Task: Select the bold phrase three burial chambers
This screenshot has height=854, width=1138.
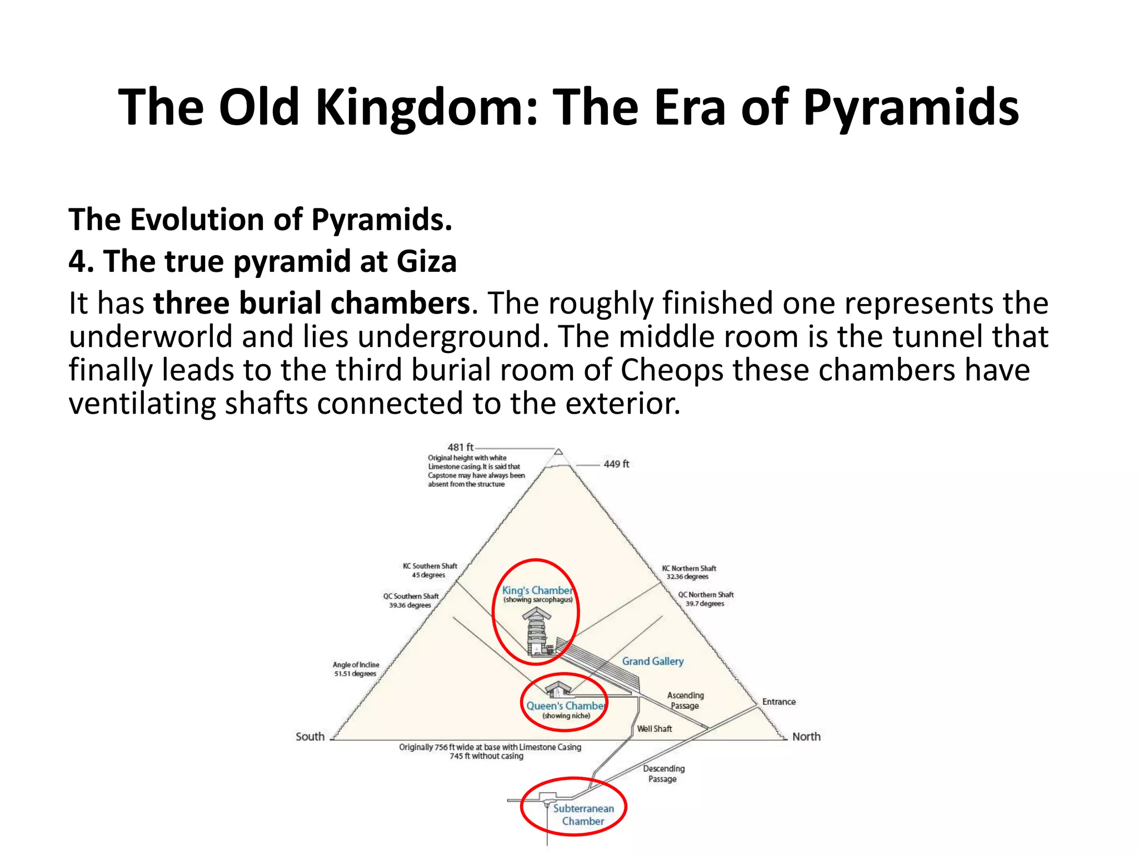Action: tap(312, 304)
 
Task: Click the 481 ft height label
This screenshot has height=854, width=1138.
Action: tap(460, 447)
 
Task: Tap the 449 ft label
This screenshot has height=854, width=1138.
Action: tap(616, 464)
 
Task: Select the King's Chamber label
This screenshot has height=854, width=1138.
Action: tap(537, 590)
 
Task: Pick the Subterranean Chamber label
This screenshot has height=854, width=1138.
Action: tap(583, 815)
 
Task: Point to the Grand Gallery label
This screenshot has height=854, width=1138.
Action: tap(652, 661)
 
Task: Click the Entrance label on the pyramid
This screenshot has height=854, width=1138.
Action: tap(778, 702)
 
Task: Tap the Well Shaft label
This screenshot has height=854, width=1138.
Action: tap(654, 728)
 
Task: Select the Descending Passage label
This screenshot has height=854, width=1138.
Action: tap(663, 773)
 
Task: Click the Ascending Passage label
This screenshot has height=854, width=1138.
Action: tap(685, 700)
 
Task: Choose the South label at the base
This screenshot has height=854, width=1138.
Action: tap(310, 737)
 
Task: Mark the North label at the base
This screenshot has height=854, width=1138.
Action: tap(806, 737)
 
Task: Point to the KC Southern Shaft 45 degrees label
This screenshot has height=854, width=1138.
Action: tap(430, 570)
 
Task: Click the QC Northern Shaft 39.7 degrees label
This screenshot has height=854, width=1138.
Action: tap(705, 599)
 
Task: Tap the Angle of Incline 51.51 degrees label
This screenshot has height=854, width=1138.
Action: tap(356, 669)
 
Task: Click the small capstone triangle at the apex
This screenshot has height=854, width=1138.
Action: tap(558, 452)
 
